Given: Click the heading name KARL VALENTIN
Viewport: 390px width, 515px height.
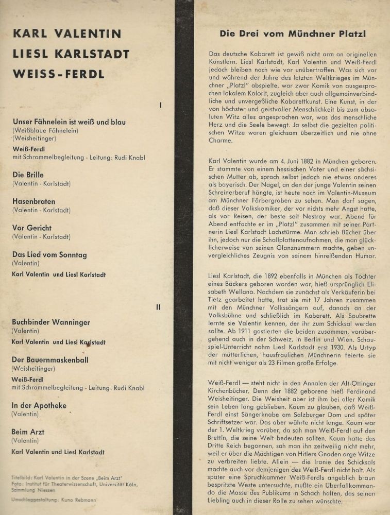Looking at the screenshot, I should pyautogui.click(x=67, y=34).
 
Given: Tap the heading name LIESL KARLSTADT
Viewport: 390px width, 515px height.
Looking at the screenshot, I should pyautogui.click(x=71, y=54).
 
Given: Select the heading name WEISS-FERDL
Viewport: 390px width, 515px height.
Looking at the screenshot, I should pyautogui.click(x=58, y=74).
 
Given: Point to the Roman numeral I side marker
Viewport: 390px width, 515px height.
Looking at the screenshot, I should pyautogui.click(x=160, y=105).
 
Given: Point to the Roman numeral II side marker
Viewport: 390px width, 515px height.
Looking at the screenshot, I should pyautogui.click(x=158, y=307).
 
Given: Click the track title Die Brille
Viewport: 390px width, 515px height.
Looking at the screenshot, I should pyautogui.click(x=28, y=175).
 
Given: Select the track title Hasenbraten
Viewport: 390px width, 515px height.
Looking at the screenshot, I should pyautogui.click(x=33, y=201).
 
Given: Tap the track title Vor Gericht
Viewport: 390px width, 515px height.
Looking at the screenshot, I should pyautogui.click(x=32, y=228).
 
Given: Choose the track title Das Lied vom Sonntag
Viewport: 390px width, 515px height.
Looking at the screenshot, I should pyautogui.click(x=49, y=255).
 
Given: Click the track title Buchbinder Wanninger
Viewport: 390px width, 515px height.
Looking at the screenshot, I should pyautogui.click(x=51, y=322).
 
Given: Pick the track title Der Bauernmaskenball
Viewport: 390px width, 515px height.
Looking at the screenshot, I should pyautogui.click(x=50, y=359).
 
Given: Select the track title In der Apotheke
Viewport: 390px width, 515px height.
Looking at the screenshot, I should pyautogui.click(x=39, y=406).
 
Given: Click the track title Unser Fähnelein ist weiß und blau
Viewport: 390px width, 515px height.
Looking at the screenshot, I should pyautogui.click(x=69, y=122).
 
